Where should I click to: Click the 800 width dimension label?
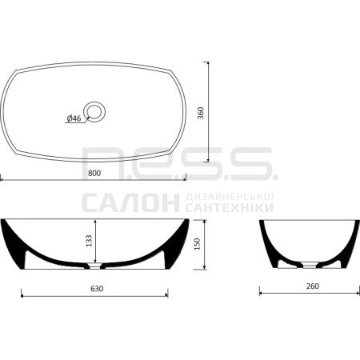[94, 173]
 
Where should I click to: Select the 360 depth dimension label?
[201, 113]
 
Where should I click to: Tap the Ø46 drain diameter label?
[74, 118]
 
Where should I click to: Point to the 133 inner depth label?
[89, 241]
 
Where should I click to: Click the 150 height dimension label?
[197, 244]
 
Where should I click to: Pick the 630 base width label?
[97, 289]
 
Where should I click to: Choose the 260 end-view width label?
[313, 286]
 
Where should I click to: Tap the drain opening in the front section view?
[95, 266]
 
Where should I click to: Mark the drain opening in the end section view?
[310, 265]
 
